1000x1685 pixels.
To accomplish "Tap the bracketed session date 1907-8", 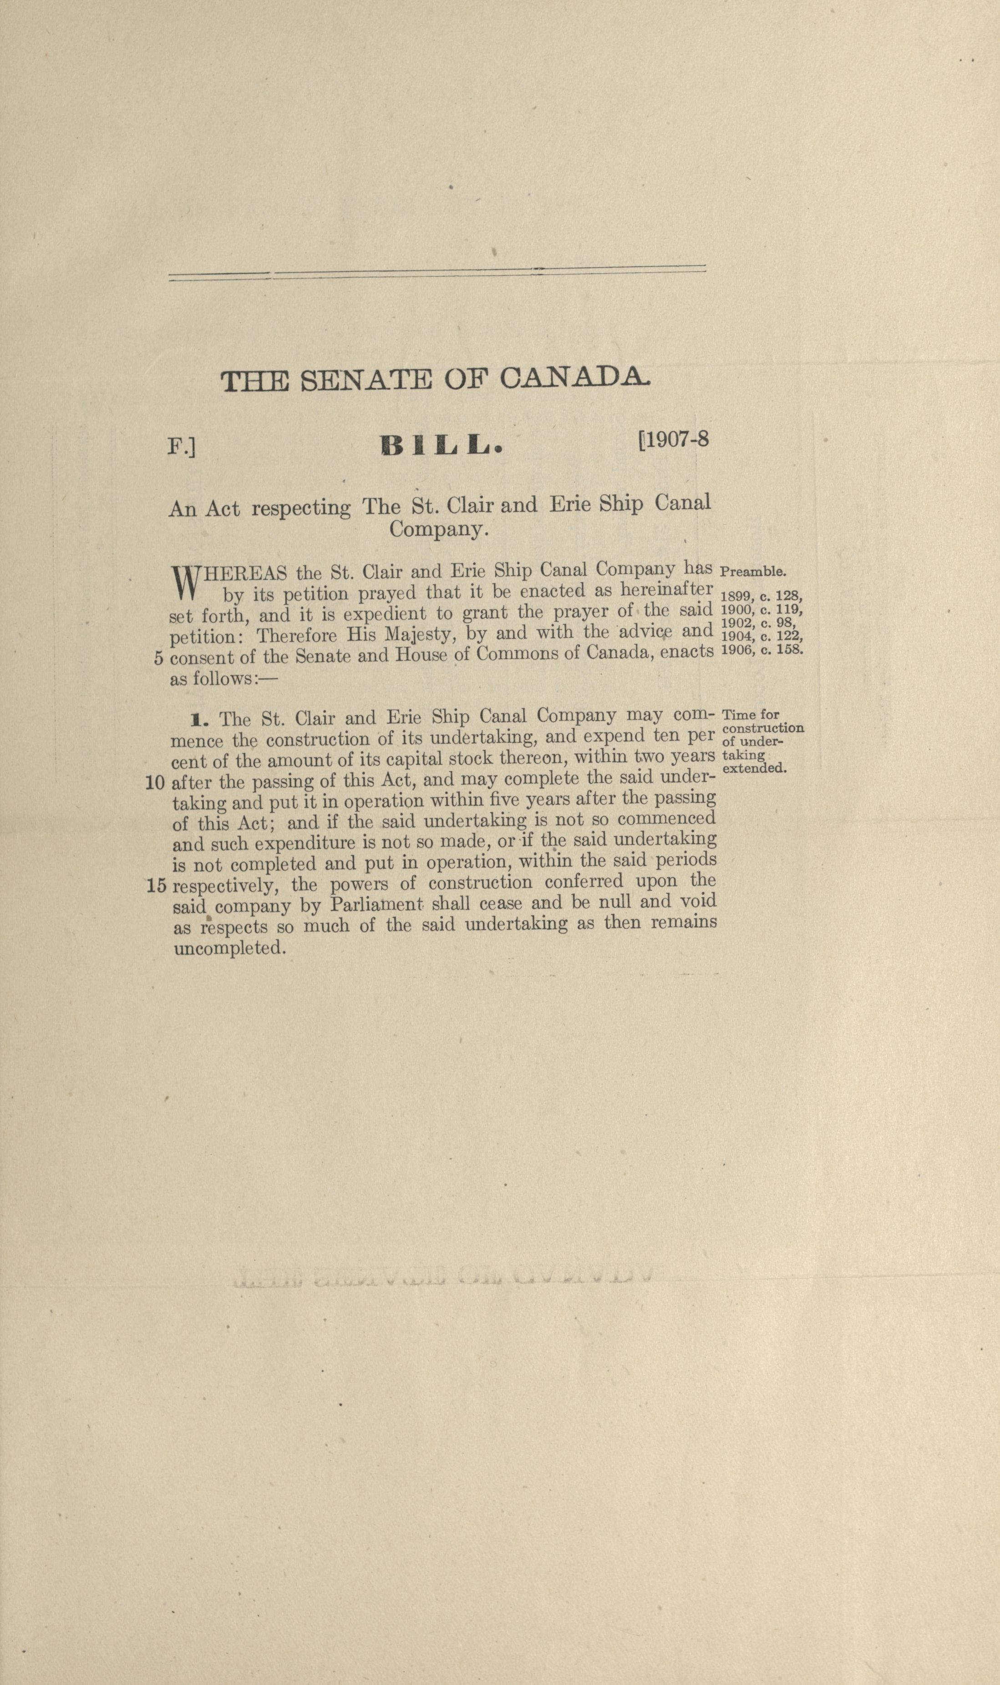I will tap(673, 439).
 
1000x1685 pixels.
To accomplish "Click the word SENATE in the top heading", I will tap(365, 381).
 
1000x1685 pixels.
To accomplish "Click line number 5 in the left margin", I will tap(158, 658).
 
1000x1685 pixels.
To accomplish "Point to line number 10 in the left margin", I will tap(155, 783).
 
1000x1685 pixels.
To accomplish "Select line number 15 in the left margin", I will tap(156, 885).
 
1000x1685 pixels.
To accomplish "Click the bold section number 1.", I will tap(198, 720).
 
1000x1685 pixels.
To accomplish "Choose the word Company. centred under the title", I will tap(438, 530).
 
